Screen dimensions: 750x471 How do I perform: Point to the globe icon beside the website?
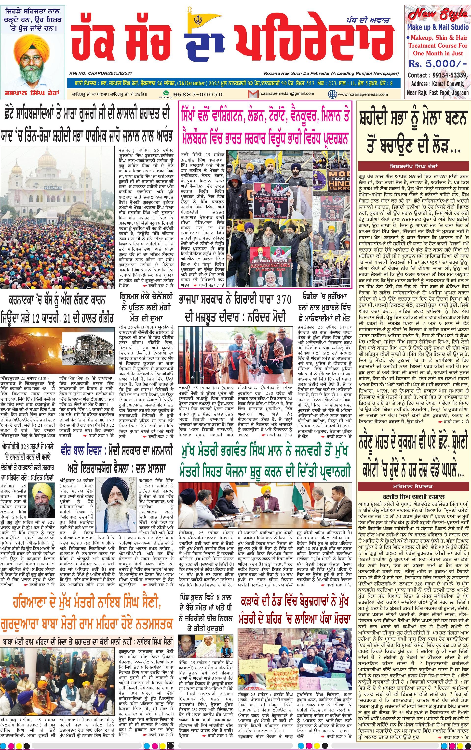(x=332, y=94)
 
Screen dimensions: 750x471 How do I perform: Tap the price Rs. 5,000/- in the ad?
(x=437, y=64)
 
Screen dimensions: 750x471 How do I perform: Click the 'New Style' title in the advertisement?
(x=438, y=14)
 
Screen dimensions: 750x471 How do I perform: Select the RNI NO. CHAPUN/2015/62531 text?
(x=101, y=73)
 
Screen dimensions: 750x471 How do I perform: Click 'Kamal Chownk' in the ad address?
(x=446, y=84)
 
